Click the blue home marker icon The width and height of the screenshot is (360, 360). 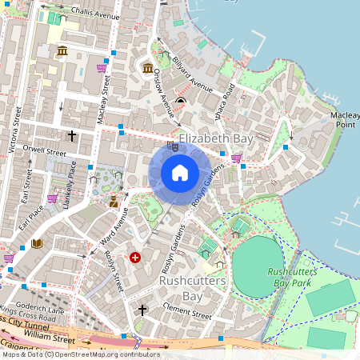click(180, 172)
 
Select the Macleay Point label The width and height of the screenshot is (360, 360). click(345, 120)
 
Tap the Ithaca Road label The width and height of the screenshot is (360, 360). click(226, 101)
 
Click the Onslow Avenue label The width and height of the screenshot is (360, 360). click(163, 99)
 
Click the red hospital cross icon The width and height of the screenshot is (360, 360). click(135, 258)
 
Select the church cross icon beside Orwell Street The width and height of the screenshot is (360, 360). click(71, 136)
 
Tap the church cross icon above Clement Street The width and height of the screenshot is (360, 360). click(142, 309)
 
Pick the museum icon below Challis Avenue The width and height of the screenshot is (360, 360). click(62, 52)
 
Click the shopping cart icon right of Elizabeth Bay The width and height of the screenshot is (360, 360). click(236, 158)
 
